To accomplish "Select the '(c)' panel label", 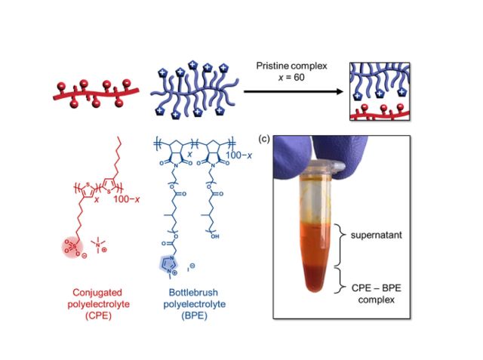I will [x=265, y=139].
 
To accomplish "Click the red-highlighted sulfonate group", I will [x=72, y=245].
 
